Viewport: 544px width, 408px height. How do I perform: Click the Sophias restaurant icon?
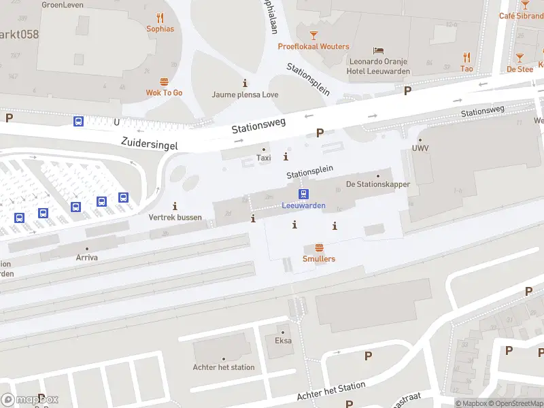pos(160,18)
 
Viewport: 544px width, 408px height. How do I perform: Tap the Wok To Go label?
pos(164,92)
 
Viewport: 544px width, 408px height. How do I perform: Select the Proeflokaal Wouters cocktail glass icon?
pos(313,35)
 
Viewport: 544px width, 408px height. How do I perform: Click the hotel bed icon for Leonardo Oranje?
pos(379,50)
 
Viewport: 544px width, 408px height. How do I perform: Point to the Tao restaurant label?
pos(466,69)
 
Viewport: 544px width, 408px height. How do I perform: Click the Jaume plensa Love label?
pos(245,95)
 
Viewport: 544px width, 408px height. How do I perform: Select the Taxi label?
pos(263,158)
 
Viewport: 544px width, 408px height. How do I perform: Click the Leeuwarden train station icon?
pos(304,194)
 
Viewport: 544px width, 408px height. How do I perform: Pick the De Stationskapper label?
pos(377,184)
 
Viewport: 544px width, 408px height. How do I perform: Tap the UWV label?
pos(420,148)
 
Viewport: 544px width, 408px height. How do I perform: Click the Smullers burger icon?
pos(319,248)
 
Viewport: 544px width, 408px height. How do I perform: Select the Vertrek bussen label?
pos(175,217)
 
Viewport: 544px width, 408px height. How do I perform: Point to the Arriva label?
pos(86,258)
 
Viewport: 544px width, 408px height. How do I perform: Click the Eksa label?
pos(283,341)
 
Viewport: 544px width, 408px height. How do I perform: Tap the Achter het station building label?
pos(224,367)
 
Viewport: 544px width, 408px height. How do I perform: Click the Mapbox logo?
pos(30,400)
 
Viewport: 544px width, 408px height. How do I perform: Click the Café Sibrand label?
pos(522,16)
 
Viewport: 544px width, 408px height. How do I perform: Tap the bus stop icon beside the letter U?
pos(79,122)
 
